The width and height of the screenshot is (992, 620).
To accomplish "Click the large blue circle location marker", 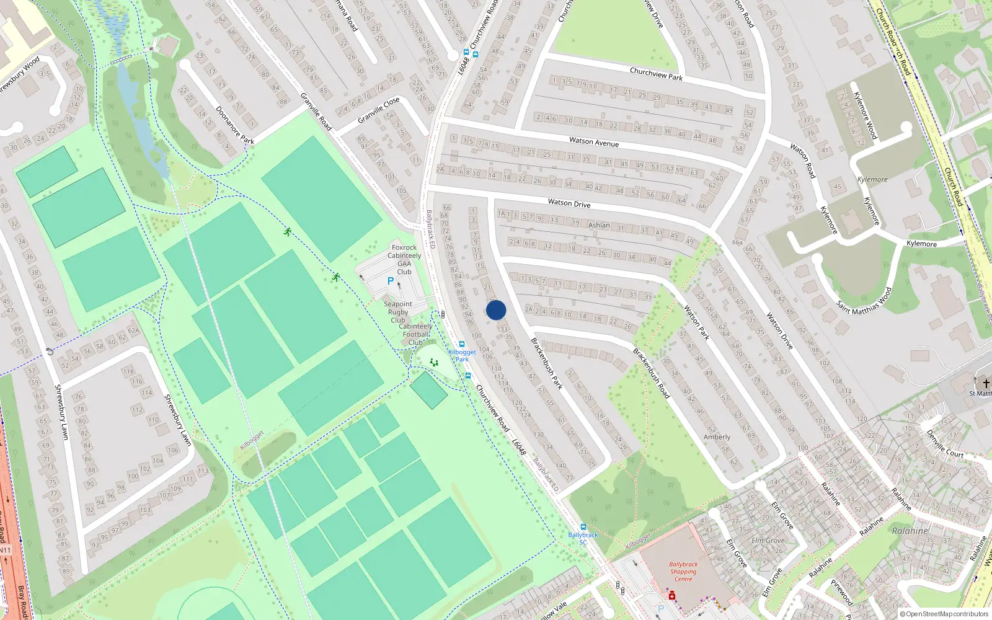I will point(496,310).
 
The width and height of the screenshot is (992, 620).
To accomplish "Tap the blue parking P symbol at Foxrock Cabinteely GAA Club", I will point(391,281).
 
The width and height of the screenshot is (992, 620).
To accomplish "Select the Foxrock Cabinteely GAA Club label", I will point(404,259).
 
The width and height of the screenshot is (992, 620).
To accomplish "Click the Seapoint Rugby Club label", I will point(398,312).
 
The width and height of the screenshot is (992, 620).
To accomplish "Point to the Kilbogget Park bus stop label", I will point(462,355).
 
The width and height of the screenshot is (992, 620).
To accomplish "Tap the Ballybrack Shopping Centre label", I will point(683,572).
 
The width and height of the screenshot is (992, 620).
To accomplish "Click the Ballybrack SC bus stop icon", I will point(583,527).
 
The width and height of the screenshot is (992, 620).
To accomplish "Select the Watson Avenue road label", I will point(594,142).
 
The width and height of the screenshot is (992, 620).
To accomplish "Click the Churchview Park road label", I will point(656,74).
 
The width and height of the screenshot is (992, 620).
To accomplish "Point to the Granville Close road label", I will point(378,110).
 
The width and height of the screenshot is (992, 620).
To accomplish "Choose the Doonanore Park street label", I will point(235,125).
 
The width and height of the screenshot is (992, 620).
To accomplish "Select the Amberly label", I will point(717,437).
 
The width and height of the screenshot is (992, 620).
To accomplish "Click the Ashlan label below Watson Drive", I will point(599,225).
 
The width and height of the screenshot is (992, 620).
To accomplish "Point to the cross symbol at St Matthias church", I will point(986,384).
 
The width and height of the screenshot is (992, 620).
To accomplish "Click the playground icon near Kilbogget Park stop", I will point(434,362).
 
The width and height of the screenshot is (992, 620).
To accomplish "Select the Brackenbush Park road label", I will point(547,363).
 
